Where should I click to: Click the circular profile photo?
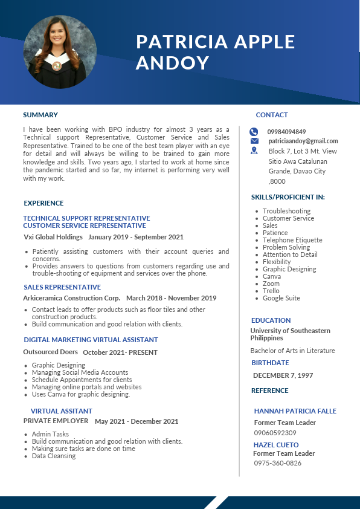pos(60,52)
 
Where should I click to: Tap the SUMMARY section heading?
pos(40,115)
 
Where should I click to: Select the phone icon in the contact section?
pos(254,132)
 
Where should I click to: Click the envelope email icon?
pos(254,141)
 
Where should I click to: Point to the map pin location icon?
pos(254,151)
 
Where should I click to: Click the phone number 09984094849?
pos(287,132)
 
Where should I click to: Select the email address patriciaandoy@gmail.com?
pos(303,141)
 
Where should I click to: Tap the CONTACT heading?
pos(272,115)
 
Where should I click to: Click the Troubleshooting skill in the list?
pos(287,211)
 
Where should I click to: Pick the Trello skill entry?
pos(271,291)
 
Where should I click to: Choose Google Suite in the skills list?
pos(281,298)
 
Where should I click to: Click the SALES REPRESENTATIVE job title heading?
pos(62,287)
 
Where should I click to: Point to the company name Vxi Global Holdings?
pos(53,237)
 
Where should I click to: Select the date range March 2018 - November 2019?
pos(172,298)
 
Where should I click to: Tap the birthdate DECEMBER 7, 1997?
pos(283,375)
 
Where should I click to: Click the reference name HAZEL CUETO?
pos(276,445)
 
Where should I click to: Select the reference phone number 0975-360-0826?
pos(278,463)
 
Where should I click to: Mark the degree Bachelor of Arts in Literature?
pos(293,351)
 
